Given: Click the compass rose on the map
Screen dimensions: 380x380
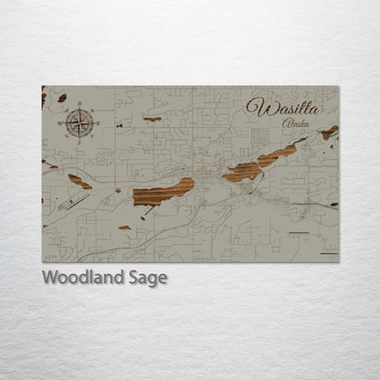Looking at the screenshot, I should (80, 120).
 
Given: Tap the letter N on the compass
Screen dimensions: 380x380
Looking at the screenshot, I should (80, 103).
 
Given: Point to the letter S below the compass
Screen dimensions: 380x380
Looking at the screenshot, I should (80, 142).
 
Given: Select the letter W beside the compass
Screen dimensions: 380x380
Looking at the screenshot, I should (61, 120).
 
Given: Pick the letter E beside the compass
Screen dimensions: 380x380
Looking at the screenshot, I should (100, 120).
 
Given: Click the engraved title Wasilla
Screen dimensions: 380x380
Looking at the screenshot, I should (283, 108).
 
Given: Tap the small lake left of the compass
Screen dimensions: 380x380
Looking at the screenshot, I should (61, 98).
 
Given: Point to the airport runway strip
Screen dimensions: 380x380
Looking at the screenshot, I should (73, 202).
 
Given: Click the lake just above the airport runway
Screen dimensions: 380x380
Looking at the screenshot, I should (79, 182).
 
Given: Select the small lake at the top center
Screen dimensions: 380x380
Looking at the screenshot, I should (153, 119).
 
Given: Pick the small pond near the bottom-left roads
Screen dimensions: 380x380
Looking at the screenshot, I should (124, 227).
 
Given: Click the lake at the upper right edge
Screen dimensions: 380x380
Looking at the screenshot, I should (329, 132).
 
